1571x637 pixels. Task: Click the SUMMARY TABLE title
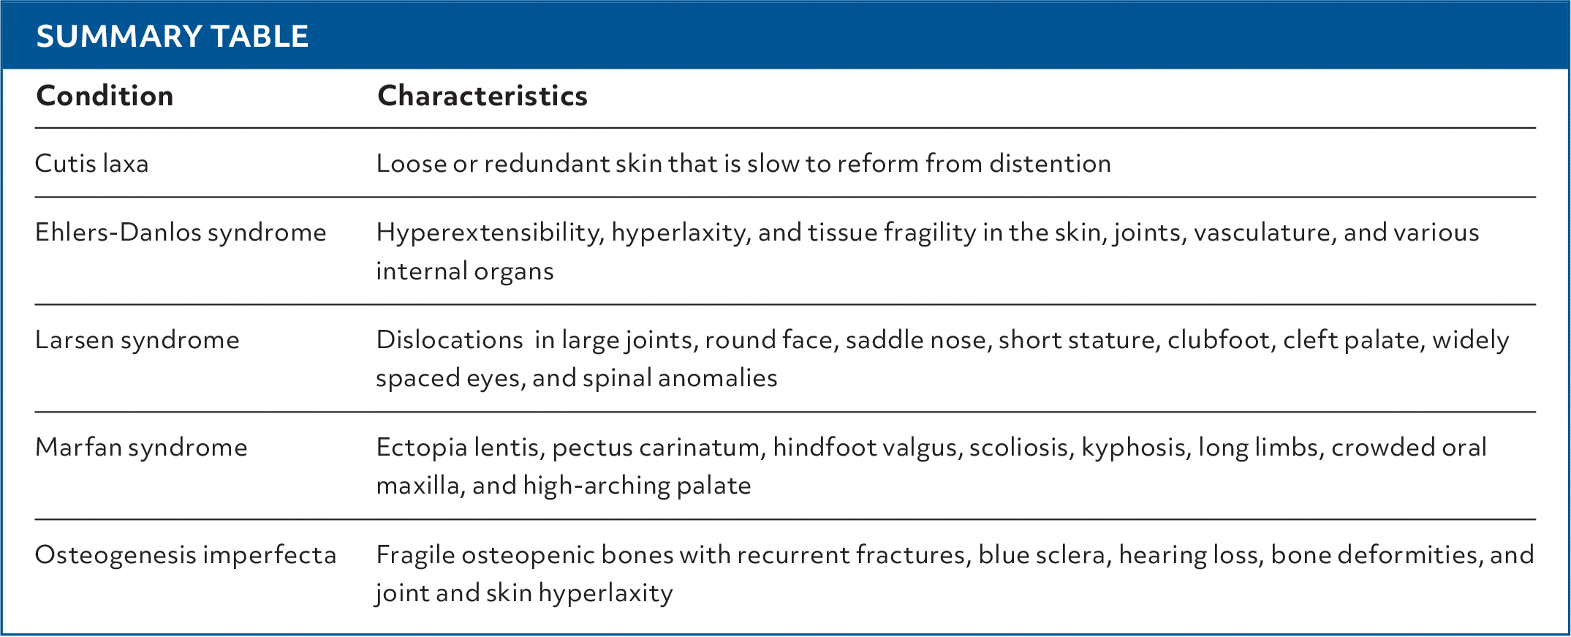[173, 37]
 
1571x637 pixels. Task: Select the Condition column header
[105, 96]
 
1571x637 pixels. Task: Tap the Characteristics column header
[482, 96]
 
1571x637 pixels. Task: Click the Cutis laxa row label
[91, 163]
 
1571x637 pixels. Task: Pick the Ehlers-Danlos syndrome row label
[181, 233]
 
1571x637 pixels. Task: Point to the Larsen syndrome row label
[137, 340]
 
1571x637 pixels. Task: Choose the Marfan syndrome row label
[141, 448]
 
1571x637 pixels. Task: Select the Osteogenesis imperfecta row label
[186, 555]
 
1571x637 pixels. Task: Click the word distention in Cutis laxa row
[1050, 163]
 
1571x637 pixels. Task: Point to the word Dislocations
[450, 340]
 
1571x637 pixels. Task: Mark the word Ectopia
[422, 448]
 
